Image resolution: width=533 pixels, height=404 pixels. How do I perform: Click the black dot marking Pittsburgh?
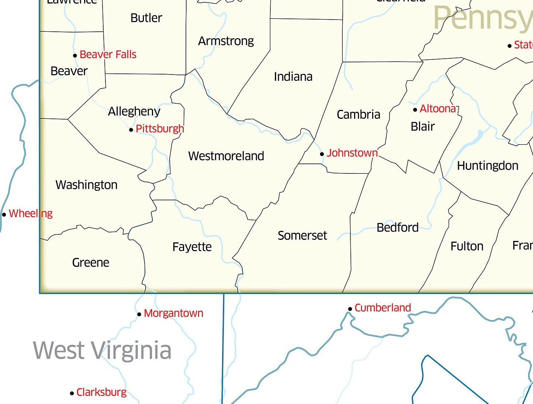131,130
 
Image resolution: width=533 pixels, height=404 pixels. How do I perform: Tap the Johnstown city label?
352,153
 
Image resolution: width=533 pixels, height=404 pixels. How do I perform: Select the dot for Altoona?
415,110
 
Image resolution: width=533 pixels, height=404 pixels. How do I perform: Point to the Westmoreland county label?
226,156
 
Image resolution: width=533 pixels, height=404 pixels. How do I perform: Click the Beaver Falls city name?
108,55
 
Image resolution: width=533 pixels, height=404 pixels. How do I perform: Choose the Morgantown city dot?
139,314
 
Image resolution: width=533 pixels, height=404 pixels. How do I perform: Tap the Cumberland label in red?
383,308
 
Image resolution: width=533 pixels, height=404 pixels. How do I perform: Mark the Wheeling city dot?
4,214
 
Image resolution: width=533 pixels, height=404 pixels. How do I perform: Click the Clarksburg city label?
101,392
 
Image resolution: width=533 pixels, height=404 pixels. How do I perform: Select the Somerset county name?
302,235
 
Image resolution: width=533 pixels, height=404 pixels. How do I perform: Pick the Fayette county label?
192,247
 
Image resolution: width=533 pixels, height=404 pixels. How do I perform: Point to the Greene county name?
91,263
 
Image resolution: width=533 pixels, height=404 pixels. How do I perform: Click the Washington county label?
86,185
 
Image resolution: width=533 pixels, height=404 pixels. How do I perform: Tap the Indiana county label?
293,77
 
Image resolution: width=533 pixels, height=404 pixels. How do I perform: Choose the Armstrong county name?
226,41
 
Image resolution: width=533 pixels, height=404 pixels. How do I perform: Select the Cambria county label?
358,115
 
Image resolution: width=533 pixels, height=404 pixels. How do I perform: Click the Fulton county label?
467,246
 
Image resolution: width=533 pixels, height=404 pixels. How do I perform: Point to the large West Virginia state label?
102,351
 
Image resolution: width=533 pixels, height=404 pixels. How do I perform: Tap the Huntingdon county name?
487,166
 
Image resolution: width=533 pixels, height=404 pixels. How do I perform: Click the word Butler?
146,18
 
